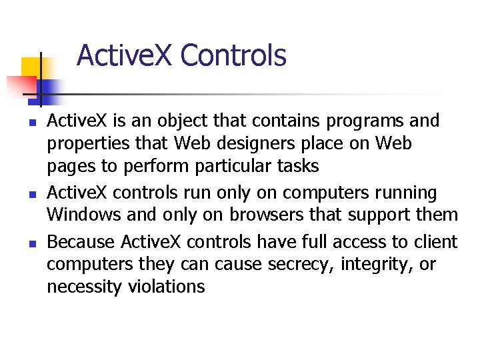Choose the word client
pos(435,241)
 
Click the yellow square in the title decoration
pos(31,67)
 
